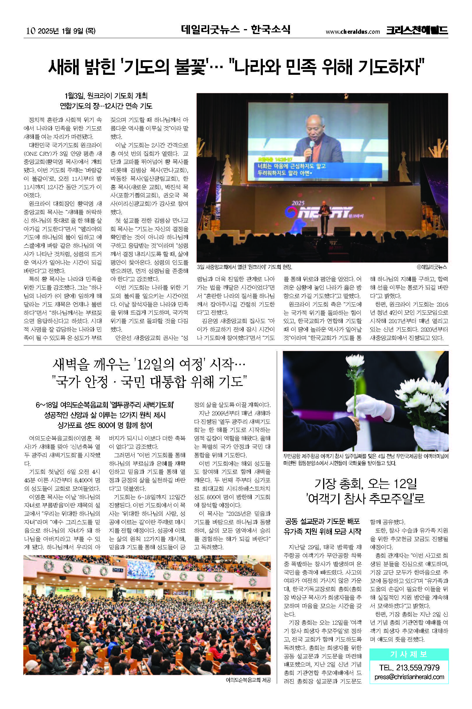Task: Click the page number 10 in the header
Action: tap(31, 31)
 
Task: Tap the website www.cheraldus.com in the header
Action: tap(353, 31)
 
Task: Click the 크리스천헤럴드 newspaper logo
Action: tap(417, 30)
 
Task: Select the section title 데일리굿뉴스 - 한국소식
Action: tap(235, 29)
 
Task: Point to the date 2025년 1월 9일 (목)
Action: tap(66, 31)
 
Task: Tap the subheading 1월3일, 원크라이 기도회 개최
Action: tap(106, 96)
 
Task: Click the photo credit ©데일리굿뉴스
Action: tap(432, 267)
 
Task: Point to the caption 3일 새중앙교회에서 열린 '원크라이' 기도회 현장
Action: tap(244, 267)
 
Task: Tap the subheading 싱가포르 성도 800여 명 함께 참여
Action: tap(105, 425)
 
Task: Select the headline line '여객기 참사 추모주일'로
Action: tap(365, 499)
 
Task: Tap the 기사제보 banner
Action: tap(408, 654)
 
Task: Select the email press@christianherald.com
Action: tap(409, 677)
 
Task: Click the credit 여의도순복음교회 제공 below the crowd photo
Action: tap(248, 680)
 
